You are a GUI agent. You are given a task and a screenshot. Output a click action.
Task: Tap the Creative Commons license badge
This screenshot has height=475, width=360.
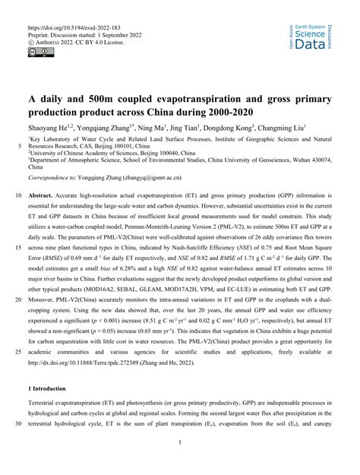39,52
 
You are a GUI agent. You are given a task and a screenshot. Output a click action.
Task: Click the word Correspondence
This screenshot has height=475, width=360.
49,177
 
